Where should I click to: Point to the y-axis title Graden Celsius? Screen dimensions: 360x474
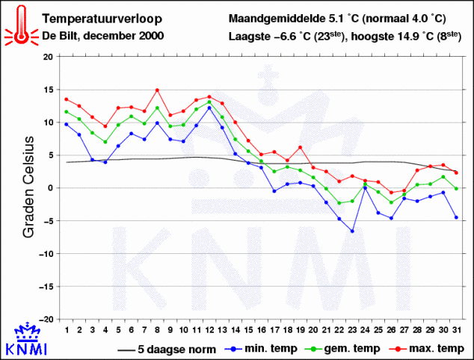[29, 187]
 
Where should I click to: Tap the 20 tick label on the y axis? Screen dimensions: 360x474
[48, 57]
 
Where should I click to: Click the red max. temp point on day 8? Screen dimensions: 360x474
[157, 90]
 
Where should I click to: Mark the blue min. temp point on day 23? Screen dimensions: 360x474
[352, 231]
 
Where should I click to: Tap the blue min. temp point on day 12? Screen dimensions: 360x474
[209, 108]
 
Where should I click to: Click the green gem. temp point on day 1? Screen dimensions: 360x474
[67, 111]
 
